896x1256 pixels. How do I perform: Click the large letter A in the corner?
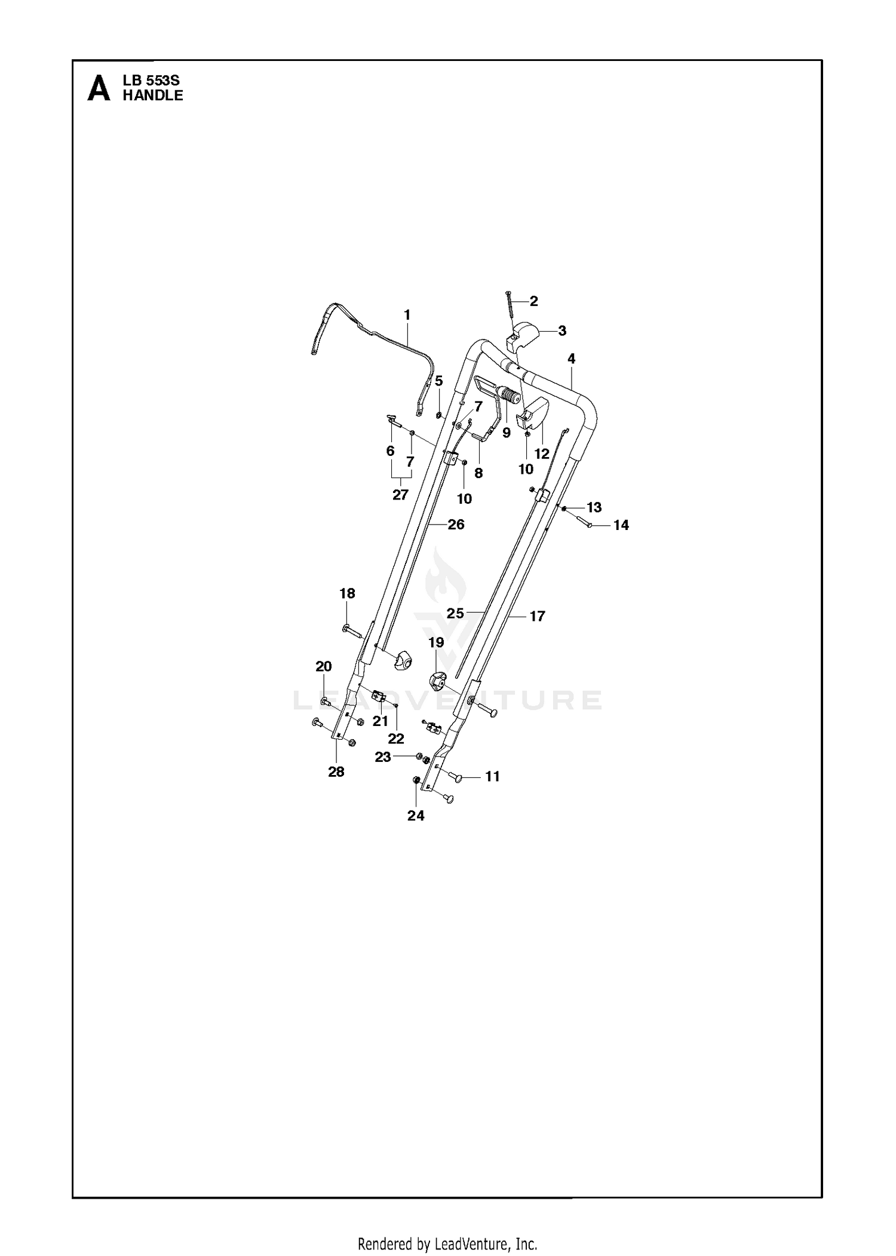point(99,88)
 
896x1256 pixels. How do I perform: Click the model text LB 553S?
point(151,81)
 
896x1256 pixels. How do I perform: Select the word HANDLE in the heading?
point(153,96)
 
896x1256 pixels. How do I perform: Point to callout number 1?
point(407,314)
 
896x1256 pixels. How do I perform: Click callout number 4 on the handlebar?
point(572,359)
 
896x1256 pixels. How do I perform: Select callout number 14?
point(621,525)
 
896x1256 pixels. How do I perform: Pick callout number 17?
point(537,616)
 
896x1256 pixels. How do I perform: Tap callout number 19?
point(436,642)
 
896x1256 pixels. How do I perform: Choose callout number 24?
point(416,816)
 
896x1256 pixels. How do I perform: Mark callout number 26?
point(456,525)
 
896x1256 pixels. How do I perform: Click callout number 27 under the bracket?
point(400,495)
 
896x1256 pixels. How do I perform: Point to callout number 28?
point(336,772)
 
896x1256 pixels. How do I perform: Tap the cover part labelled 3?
point(523,336)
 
